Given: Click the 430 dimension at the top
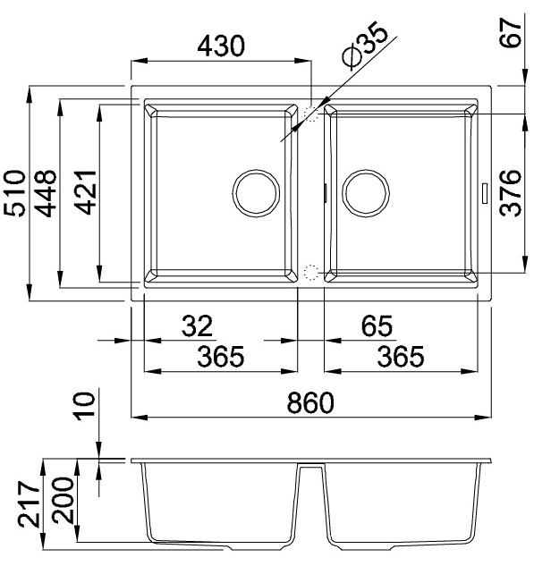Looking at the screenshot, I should pos(220,46).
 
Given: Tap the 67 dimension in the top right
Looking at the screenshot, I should pos(512,40).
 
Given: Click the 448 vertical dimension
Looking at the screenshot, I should pos(46,193).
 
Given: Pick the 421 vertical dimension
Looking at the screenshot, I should pos(85,193).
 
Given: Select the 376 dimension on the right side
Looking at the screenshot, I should pos(511,193).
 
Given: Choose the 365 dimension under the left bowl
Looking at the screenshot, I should pos(220,357).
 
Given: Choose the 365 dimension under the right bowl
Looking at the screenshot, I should pos(399,357).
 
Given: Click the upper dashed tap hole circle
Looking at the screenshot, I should pos(311,114).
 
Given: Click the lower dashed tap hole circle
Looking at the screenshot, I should pos(311,273).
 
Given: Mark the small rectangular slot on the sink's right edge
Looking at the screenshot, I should pos(484,192).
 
